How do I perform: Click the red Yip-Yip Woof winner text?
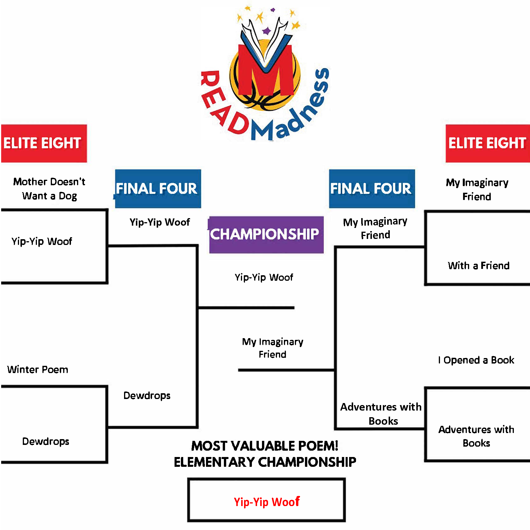point(267,502)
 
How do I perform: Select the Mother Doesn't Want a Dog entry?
point(49,189)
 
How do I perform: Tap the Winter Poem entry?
point(38,370)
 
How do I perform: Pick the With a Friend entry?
point(478,266)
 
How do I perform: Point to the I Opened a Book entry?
point(476,360)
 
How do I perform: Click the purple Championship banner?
point(266,235)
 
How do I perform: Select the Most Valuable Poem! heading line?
point(265,446)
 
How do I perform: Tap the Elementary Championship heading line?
point(265,462)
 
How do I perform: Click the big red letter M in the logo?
point(266,72)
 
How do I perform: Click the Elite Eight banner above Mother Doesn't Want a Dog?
point(44,143)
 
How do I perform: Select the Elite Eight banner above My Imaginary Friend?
point(487,143)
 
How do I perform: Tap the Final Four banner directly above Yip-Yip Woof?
point(158,189)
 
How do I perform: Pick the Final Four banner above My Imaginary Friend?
point(372,189)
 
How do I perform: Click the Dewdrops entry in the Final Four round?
point(147,396)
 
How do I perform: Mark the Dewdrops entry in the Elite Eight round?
point(46,441)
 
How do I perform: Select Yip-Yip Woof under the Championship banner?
point(264,278)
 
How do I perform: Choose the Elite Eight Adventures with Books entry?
point(476,436)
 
